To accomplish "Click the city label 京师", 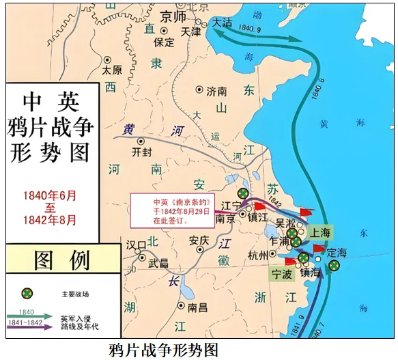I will tap(172, 16).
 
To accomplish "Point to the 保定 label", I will tap(165, 42).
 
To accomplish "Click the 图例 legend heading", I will tap(62, 260).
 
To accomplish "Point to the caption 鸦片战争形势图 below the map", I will tap(163, 350).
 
